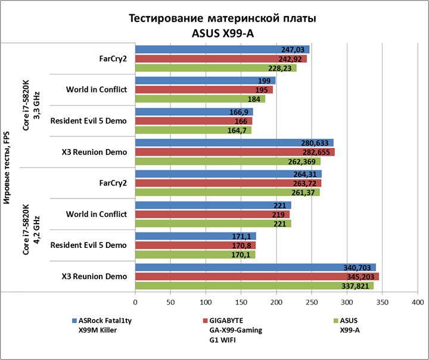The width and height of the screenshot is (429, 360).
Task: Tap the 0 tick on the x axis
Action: tap(135, 302)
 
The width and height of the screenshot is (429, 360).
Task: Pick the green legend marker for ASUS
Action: tap(335, 320)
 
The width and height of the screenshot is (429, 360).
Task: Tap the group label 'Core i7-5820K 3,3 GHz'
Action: tap(30, 105)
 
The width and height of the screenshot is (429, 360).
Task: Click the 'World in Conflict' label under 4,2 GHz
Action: tap(96, 214)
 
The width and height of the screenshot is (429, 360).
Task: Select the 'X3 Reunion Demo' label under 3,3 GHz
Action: tap(94, 152)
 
